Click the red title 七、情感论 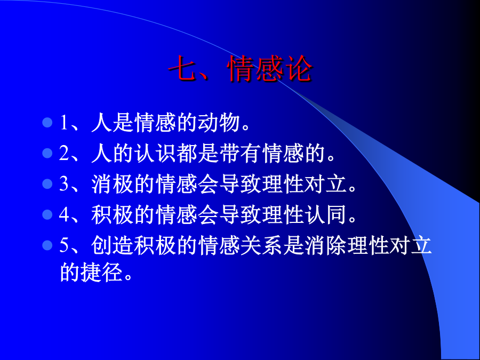241,69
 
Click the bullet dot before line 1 47,123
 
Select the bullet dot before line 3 47,184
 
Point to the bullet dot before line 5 47,245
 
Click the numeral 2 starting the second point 64,153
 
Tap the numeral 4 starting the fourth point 65,214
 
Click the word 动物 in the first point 219,123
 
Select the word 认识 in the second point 155,153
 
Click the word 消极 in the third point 113,184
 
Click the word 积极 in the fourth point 113,214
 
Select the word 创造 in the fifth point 113,245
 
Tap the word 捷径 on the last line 102,272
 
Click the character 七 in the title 182,69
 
